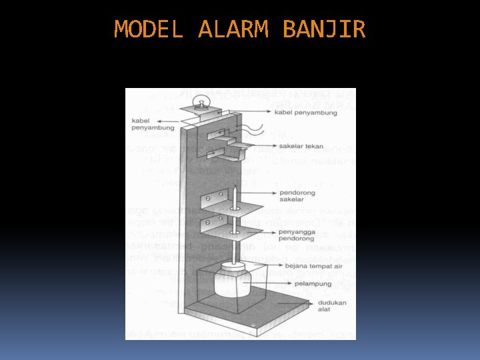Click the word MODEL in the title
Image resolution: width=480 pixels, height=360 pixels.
point(148,29)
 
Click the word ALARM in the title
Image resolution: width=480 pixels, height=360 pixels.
point(233,29)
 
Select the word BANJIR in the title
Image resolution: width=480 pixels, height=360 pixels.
point(324,29)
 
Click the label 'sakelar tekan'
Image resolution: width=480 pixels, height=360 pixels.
point(301,145)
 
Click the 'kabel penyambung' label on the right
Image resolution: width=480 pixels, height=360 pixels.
point(306,113)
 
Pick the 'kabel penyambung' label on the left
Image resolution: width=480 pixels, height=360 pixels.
point(149,124)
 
